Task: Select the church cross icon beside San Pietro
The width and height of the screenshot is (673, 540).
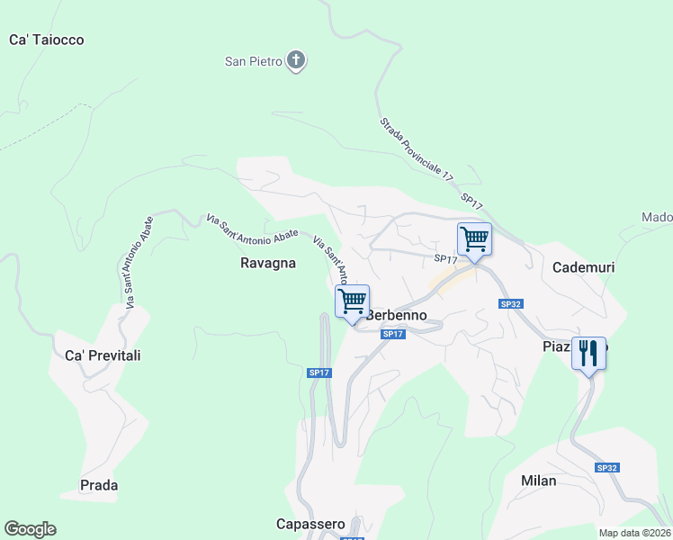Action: coord(296,61)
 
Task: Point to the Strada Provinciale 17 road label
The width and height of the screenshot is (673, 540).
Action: coord(416,150)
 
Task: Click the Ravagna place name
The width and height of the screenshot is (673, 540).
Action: coord(268,263)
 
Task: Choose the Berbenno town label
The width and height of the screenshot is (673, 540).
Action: coord(396,315)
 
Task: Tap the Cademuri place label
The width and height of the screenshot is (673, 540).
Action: coord(582,267)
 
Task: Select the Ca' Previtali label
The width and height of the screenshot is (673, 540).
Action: coord(103,355)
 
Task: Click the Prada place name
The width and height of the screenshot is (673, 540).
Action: coord(99,485)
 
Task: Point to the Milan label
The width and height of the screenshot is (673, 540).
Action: coord(539,481)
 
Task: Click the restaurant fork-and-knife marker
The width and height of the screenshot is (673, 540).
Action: coord(588,352)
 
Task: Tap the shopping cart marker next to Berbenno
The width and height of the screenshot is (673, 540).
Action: coord(353,301)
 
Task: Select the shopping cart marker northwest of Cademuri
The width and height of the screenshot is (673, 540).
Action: coord(474,239)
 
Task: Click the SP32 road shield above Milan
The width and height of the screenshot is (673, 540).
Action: coord(607,468)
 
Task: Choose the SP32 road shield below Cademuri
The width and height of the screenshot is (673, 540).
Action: coord(511,304)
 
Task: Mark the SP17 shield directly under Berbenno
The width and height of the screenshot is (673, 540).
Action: coord(391,334)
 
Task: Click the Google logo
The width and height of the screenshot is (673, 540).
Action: coord(30,529)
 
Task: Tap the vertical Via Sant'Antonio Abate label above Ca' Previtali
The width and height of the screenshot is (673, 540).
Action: coord(133,262)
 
